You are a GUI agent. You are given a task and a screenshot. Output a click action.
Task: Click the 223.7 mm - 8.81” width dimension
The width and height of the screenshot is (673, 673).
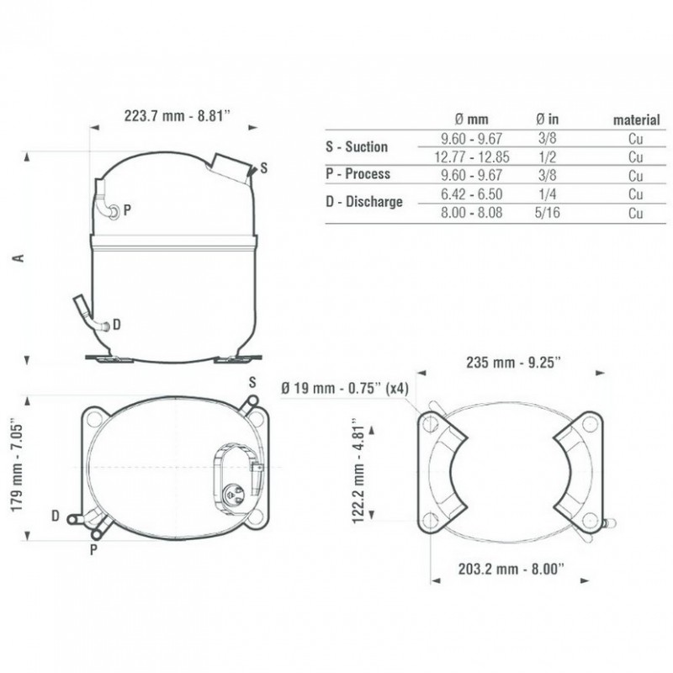177,116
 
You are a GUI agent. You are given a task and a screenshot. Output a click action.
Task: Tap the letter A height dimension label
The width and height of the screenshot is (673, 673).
19,258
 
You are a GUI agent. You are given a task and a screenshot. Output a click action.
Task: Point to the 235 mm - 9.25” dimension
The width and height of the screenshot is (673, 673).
513,363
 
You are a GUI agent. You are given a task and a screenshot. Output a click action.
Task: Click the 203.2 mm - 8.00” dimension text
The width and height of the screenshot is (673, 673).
511,570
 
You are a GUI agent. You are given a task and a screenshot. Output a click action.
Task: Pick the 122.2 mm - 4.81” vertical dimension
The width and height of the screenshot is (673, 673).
358,470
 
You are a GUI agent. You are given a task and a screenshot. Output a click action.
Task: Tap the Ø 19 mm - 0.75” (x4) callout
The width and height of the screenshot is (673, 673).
345,389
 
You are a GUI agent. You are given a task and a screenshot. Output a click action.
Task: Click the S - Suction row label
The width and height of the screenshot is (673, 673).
356,146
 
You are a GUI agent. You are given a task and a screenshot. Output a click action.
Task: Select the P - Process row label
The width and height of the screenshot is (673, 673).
358,174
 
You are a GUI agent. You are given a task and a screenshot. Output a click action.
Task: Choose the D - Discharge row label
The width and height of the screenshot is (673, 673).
364,201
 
